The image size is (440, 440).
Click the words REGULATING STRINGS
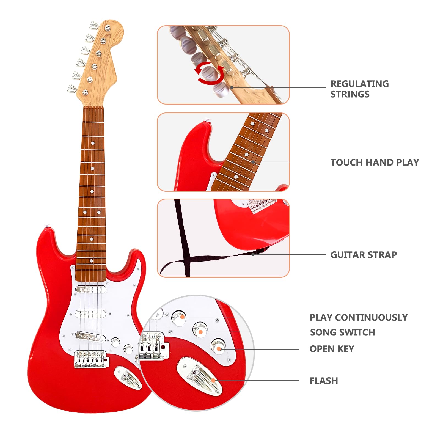click(x=359, y=89)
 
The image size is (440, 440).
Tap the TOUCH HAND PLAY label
click(x=374, y=163)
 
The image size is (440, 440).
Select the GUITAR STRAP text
click(x=363, y=255)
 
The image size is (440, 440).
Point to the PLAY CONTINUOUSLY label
click(x=358, y=318)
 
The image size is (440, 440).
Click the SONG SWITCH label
click(x=342, y=332)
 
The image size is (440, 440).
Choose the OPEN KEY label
click(x=332, y=349)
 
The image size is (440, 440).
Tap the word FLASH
click(x=324, y=381)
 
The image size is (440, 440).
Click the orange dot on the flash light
click(x=213, y=380)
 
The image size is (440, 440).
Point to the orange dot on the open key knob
click(x=219, y=349)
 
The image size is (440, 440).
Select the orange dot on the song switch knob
click(x=201, y=332)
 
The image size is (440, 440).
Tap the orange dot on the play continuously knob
click(x=182, y=317)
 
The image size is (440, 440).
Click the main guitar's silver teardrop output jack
click(x=128, y=377)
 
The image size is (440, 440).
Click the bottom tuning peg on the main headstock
click(x=72, y=88)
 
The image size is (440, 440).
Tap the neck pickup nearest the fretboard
click(x=91, y=289)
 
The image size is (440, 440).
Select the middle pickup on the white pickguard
click(x=90, y=313)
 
